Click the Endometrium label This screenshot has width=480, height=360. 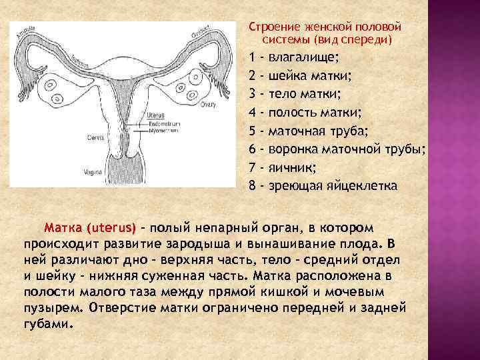163,125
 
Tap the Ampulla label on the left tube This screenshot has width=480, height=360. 25,32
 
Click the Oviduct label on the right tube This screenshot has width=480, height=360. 200,31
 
